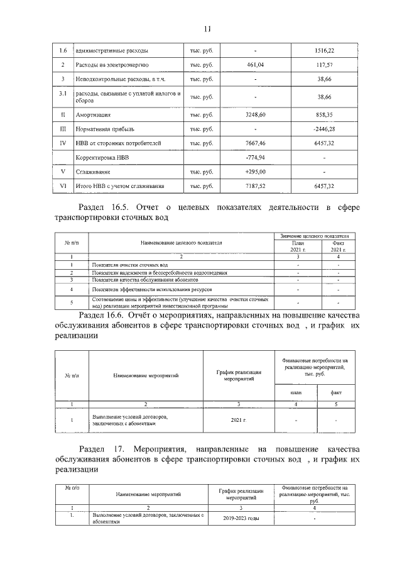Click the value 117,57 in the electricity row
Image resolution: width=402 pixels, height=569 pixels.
pos(323,65)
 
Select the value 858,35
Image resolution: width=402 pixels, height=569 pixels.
pos(323,115)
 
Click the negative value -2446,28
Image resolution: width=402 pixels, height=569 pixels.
pos(323,129)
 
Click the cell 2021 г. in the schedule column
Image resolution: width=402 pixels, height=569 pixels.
pos(238,419)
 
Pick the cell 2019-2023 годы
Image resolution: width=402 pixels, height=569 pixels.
pos(240,519)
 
